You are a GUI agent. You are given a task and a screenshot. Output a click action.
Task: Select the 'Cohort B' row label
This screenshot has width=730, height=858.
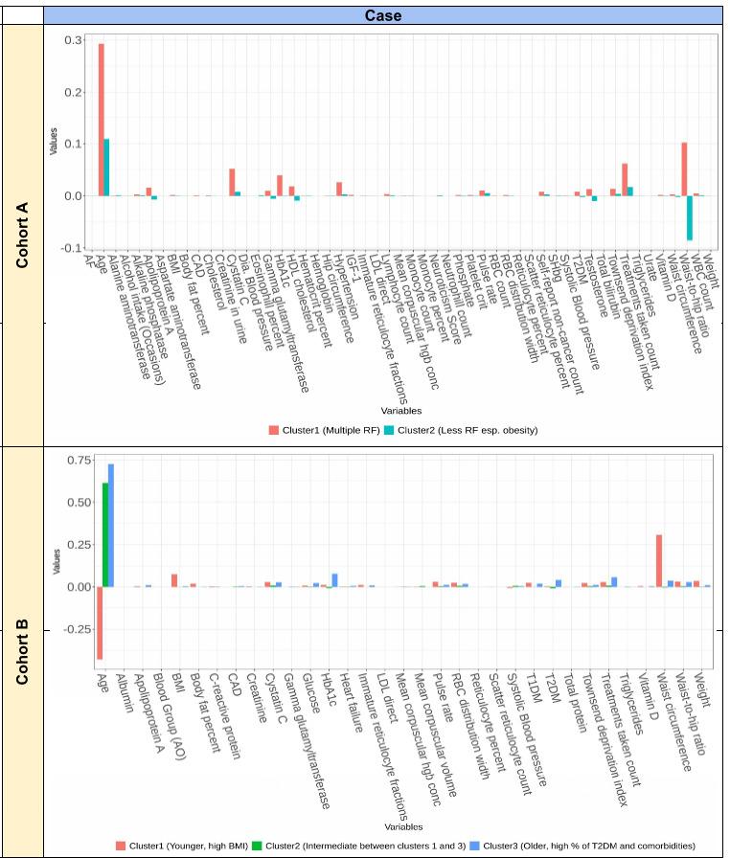[x=22, y=652]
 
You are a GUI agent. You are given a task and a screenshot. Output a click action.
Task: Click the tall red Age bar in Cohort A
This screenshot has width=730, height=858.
[x=101, y=120]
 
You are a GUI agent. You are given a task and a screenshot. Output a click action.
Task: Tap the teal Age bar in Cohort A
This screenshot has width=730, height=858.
[x=106, y=168]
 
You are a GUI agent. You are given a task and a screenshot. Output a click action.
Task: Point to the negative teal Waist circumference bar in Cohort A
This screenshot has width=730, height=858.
[x=689, y=217]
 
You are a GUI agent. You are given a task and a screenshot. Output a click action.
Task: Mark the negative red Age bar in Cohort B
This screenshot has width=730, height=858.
[x=99, y=622]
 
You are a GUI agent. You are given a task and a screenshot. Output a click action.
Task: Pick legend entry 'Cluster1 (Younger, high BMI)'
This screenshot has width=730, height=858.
[x=176, y=846]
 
